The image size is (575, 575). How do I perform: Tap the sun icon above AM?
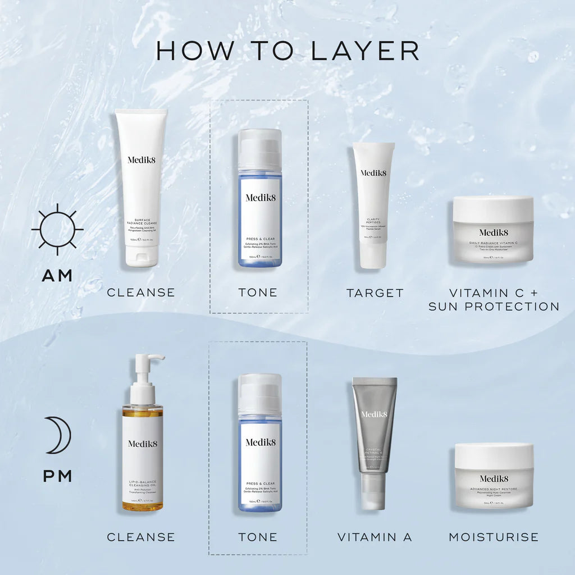(57, 229)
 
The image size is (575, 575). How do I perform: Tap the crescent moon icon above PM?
(58, 435)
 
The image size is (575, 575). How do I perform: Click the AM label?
(57, 276)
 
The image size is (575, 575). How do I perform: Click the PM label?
(57, 476)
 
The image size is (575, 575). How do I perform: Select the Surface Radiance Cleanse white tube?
(142, 180)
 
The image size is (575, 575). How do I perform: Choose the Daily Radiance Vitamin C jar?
(493, 229)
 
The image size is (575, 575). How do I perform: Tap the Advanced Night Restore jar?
(494, 476)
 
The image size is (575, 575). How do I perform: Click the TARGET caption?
(375, 293)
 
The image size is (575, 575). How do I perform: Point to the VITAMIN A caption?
(375, 537)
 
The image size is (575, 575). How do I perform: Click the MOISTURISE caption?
(494, 537)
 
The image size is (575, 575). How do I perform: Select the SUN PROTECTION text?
(494, 307)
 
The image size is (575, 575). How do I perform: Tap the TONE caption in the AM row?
(258, 293)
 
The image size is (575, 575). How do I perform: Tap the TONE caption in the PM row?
(258, 537)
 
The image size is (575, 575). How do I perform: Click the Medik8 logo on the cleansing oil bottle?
(143, 444)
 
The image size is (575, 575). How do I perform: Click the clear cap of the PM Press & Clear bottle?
(259, 393)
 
